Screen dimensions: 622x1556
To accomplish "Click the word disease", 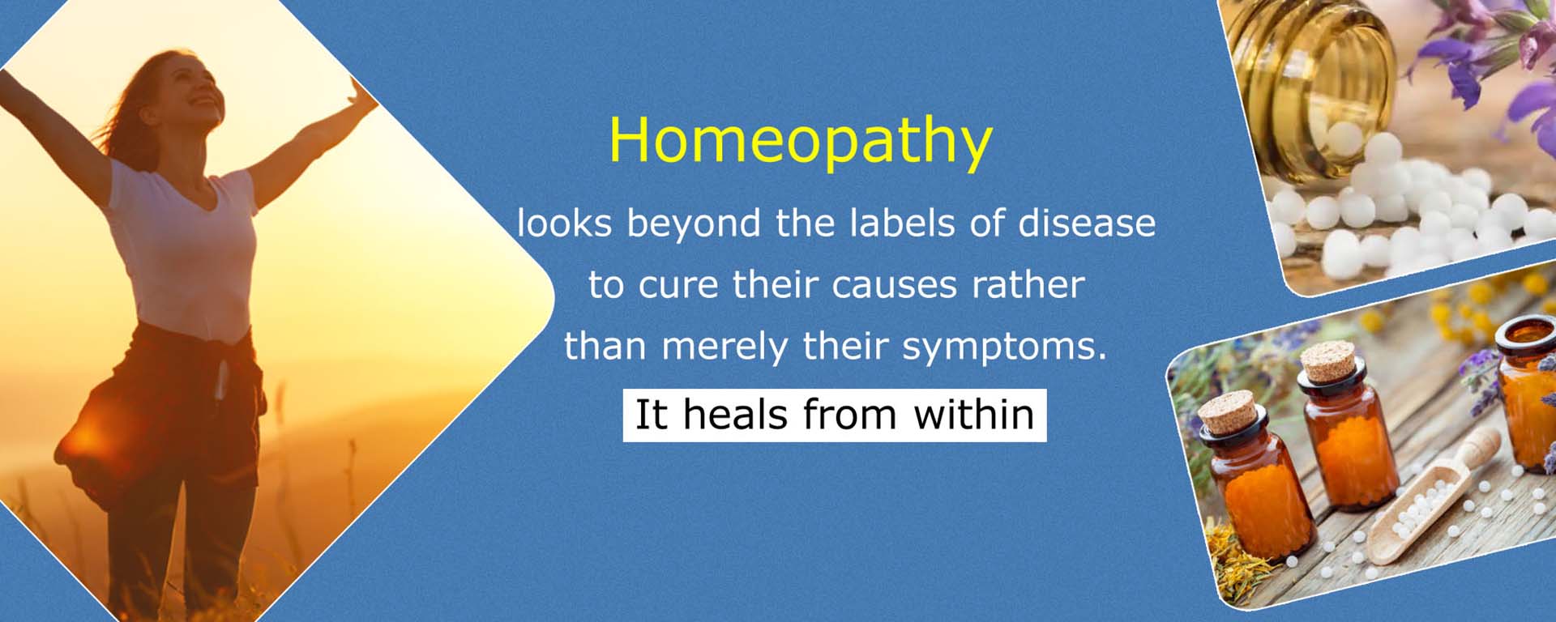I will [1087, 224].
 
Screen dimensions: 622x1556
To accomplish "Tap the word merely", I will [725, 347].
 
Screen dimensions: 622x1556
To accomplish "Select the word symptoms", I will [1004, 347].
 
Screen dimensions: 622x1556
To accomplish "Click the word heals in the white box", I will [735, 415].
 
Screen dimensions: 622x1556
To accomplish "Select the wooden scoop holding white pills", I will [1427, 502].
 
